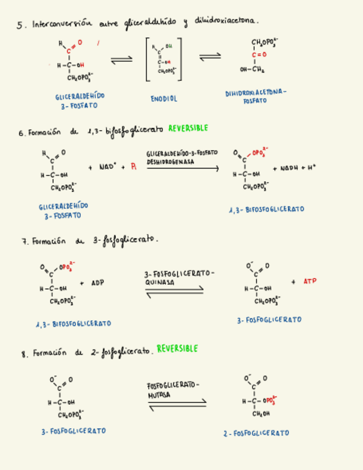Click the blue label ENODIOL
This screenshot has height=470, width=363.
[x=164, y=99]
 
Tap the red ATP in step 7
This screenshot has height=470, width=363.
[x=310, y=282]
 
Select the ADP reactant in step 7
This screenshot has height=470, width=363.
[x=97, y=283]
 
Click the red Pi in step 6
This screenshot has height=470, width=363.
[x=133, y=167]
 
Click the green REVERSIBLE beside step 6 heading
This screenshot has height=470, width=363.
[x=188, y=128]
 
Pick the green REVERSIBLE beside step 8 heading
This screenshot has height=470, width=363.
[x=177, y=349]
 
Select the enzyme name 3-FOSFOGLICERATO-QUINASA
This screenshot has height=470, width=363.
[x=179, y=278]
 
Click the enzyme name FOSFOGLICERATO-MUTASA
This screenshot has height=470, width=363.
[x=173, y=390]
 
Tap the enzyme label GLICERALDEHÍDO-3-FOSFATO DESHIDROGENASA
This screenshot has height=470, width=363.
[x=181, y=157]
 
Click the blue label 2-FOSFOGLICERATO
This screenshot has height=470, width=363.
[x=256, y=433]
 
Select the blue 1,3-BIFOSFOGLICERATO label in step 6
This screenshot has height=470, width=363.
[x=266, y=210]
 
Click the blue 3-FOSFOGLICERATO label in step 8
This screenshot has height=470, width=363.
[x=73, y=431]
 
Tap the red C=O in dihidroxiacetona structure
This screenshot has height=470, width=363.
[x=258, y=55]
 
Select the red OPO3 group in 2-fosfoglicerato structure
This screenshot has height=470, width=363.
[x=269, y=400]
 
